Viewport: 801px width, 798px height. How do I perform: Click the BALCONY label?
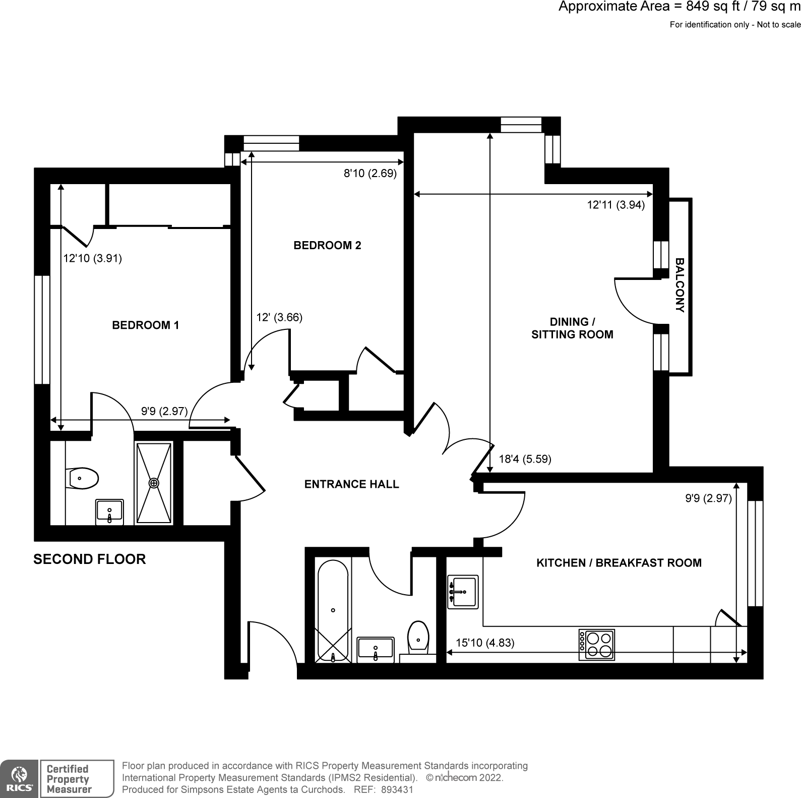point(680,286)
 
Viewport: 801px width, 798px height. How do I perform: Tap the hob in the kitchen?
point(597,644)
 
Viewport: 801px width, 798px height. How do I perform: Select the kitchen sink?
point(463,592)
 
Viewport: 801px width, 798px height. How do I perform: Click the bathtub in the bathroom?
point(333,610)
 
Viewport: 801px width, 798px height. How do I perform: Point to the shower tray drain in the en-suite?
point(154,483)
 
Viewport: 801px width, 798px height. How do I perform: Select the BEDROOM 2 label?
point(327,246)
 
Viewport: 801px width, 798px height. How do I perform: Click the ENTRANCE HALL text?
point(351,484)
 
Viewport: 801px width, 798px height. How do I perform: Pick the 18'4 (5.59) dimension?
point(525,459)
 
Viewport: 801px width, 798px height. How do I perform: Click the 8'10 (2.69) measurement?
point(370,174)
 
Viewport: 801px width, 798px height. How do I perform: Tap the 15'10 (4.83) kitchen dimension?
point(485,643)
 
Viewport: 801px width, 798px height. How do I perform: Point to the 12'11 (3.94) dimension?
point(616,205)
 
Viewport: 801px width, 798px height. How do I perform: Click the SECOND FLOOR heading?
point(89,559)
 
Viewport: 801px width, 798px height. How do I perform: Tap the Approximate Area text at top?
point(679,7)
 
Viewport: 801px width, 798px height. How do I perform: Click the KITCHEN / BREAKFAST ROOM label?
point(619,563)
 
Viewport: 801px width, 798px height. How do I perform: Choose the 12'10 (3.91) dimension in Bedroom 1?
point(92,258)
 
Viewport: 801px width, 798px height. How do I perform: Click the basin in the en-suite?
point(109,512)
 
